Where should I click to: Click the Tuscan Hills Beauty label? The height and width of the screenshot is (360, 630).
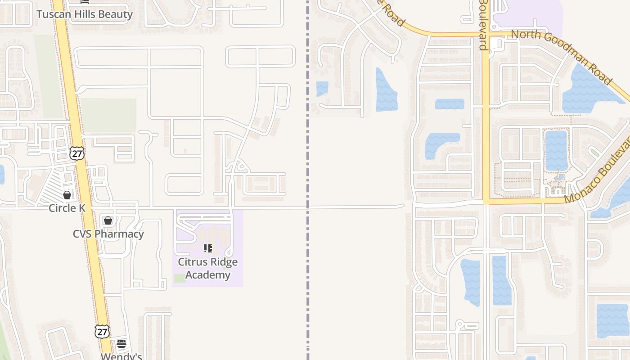click(x=85, y=14)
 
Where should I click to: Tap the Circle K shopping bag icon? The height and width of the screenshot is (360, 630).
click(x=67, y=195)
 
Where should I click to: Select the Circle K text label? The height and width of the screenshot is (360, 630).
click(x=67, y=208)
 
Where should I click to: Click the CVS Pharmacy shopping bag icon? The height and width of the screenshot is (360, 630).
click(x=108, y=220)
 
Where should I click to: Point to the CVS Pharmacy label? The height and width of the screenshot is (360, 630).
click(x=108, y=234)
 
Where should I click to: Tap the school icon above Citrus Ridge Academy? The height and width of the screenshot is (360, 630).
click(x=208, y=248)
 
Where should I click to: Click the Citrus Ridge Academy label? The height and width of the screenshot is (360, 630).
click(x=208, y=268)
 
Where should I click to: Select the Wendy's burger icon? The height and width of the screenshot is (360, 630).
click(x=121, y=344)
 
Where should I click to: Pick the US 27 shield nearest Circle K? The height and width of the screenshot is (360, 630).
click(x=77, y=153)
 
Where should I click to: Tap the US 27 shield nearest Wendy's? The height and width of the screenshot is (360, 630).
click(x=102, y=332)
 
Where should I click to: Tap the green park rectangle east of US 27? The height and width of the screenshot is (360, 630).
click(x=109, y=115)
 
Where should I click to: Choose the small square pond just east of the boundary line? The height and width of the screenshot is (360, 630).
click(x=322, y=88)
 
